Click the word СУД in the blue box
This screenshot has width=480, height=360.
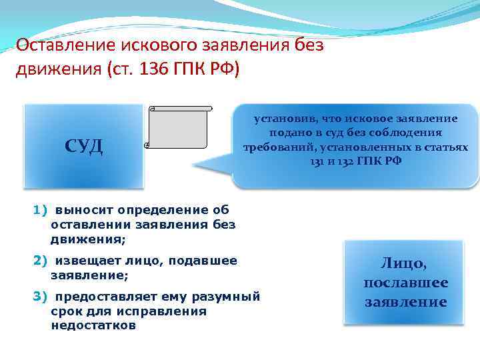coord(83,145)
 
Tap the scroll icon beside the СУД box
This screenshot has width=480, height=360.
coord(179,127)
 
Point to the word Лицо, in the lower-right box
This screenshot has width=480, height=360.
coord(405,263)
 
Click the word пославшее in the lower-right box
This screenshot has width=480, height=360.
coord(405,283)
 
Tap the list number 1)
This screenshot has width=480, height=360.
coord(41,211)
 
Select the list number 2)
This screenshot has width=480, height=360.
coord(41,261)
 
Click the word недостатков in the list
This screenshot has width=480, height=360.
coord(93,326)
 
